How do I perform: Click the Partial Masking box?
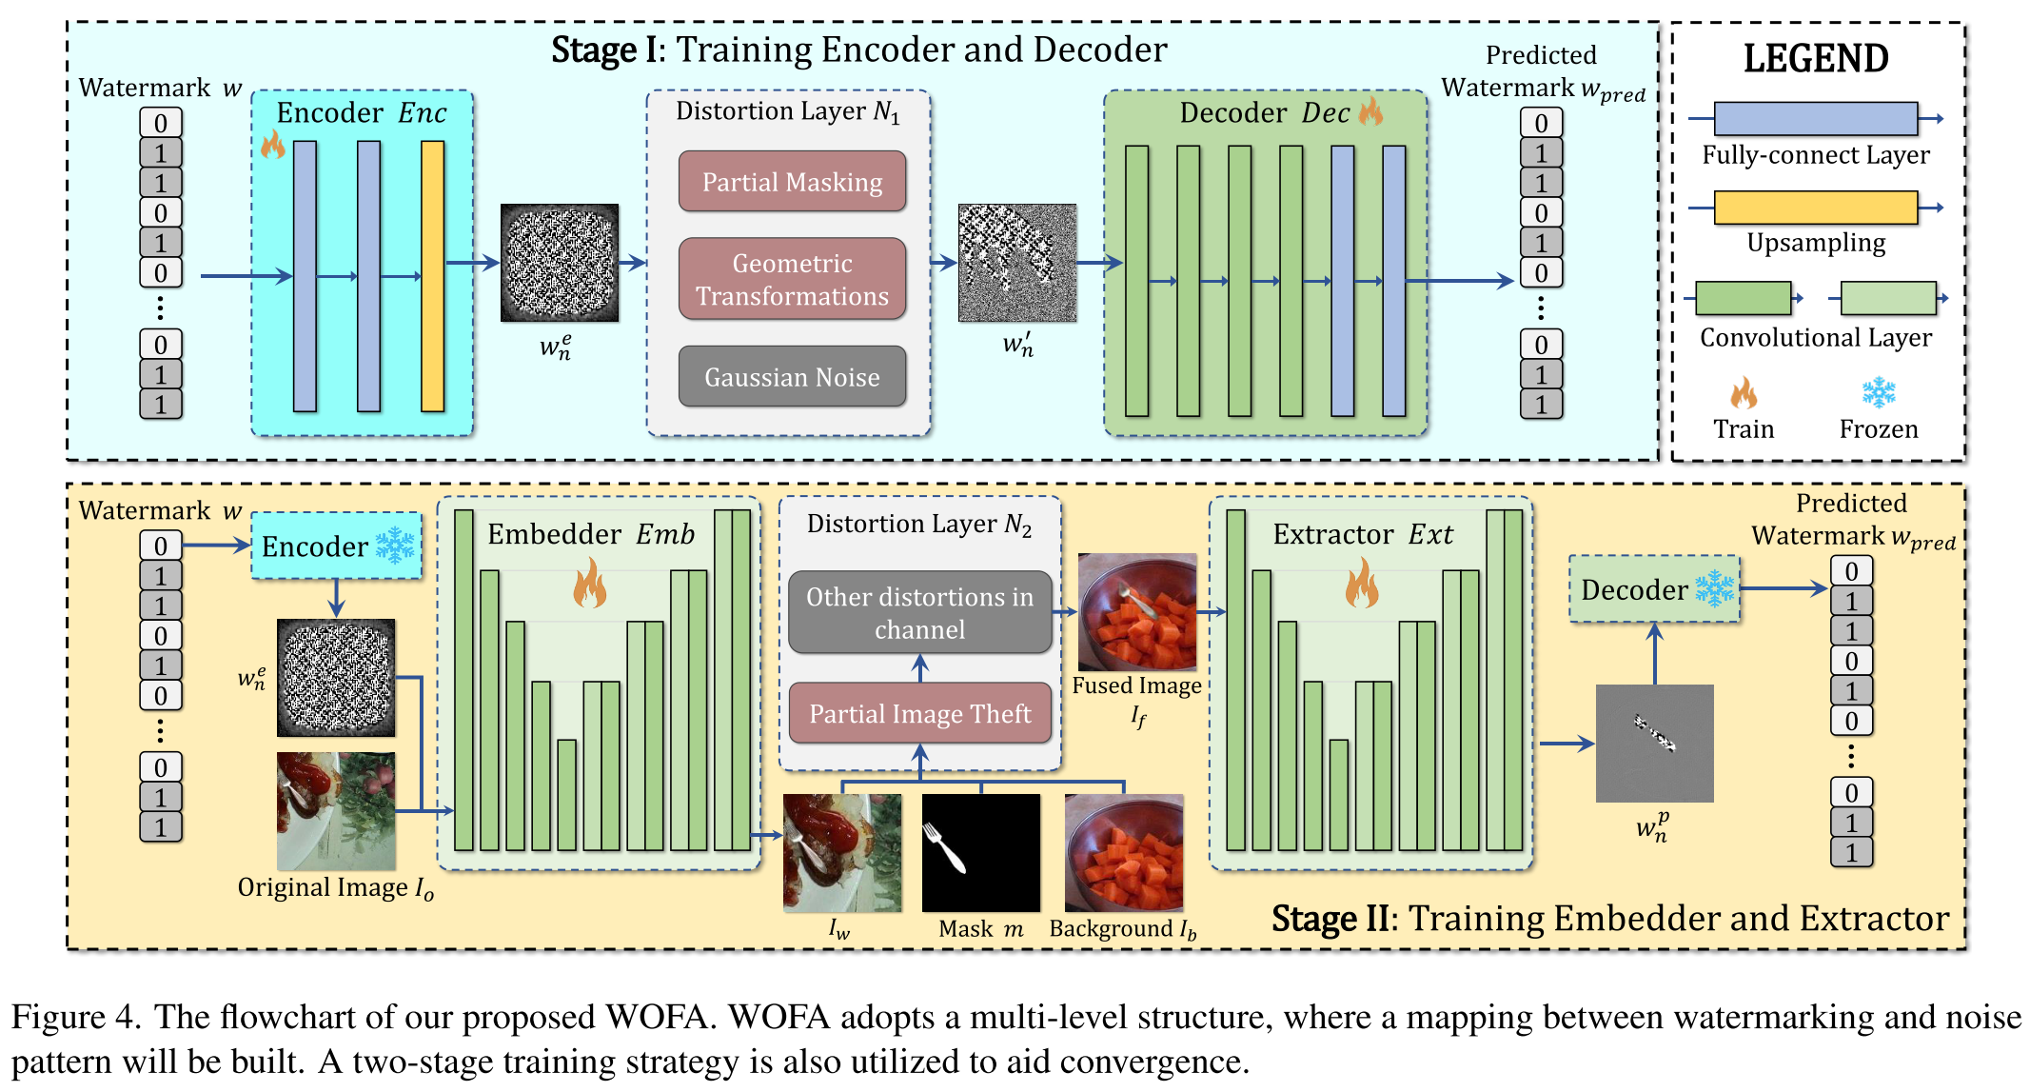(x=792, y=181)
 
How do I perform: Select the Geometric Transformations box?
(x=792, y=279)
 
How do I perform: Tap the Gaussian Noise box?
(x=792, y=377)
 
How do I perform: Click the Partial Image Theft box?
(x=920, y=713)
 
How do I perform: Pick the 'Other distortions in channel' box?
(x=920, y=612)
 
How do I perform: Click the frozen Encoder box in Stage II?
(x=336, y=546)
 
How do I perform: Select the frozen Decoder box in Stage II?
(x=1654, y=589)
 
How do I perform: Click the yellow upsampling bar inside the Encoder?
(x=433, y=276)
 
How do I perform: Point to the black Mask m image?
(x=980, y=853)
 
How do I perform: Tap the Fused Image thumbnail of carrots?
(x=1137, y=612)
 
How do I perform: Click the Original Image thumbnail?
(x=336, y=811)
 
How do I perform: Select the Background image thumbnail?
(x=1124, y=853)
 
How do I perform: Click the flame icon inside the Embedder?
(x=590, y=583)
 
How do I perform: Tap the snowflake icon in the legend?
(x=1879, y=392)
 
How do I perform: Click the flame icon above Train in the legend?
(x=1744, y=392)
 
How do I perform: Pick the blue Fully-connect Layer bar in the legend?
(x=1816, y=119)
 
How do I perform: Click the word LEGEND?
(x=1816, y=59)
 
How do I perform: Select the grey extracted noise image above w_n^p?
(x=1654, y=744)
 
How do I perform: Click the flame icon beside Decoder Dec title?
(x=1371, y=110)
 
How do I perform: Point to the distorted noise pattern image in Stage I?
(x=1017, y=263)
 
